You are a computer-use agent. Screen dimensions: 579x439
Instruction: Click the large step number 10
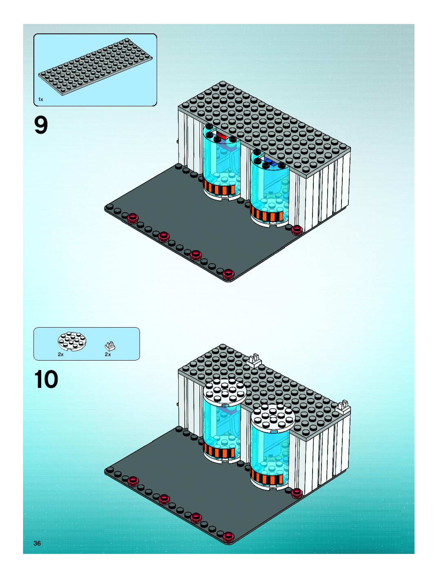point(46,380)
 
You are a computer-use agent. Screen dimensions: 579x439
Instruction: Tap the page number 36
point(37,543)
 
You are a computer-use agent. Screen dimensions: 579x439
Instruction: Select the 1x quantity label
point(41,99)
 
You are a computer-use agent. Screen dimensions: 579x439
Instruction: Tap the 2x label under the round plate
point(61,354)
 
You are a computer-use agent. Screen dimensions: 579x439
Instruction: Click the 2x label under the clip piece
point(108,354)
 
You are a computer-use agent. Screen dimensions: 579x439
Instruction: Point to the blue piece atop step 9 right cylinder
point(268,160)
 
